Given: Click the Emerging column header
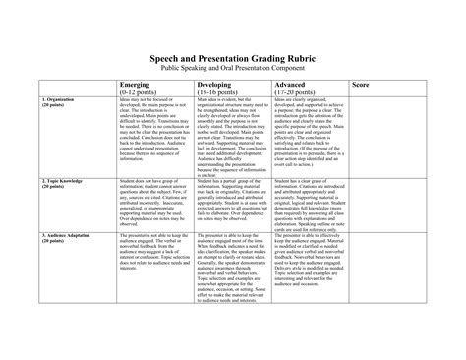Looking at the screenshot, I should click(135, 85).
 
